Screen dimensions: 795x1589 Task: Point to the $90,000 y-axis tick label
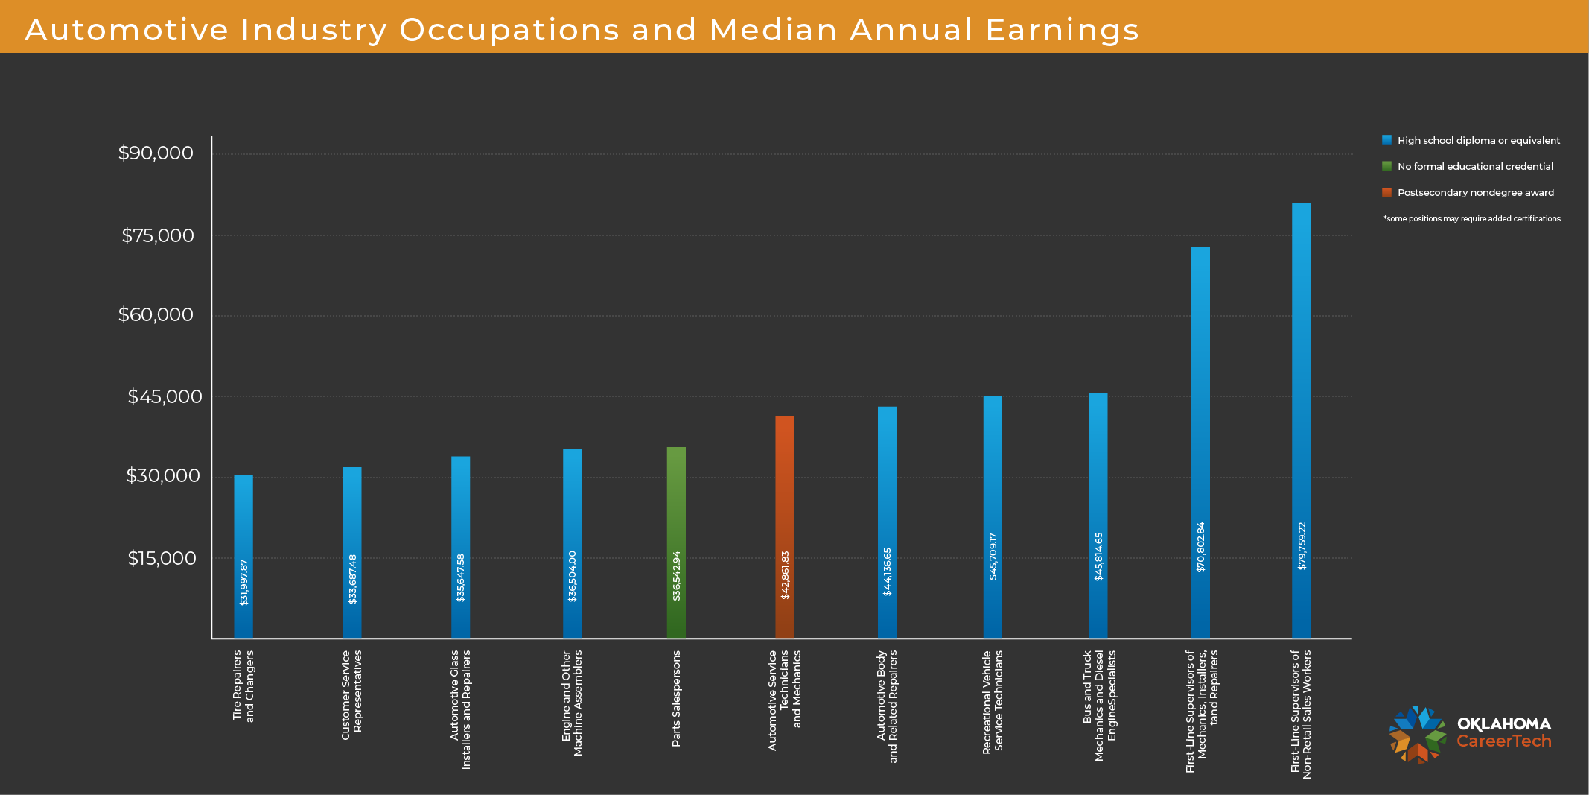coord(156,153)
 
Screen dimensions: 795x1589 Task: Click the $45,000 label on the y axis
coord(165,396)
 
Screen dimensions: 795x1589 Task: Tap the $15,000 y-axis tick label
coord(162,558)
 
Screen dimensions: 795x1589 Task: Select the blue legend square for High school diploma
coord(1386,140)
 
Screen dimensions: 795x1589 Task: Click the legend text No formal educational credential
coord(1475,167)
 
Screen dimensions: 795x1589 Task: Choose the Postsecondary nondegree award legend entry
coord(1475,193)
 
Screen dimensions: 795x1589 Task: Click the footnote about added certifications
coord(1471,219)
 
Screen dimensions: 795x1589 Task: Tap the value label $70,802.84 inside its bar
coord(1200,547)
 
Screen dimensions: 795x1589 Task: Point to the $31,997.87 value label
coord(243,582)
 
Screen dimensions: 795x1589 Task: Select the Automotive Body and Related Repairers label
coord(887,706)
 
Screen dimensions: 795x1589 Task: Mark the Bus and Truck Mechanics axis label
coord(1099,706)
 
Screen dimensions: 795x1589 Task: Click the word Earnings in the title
coord(1062,31)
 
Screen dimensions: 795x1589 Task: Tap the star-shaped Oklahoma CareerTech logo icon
coord(1417,735)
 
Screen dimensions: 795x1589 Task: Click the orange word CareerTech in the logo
coord(1503,741)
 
